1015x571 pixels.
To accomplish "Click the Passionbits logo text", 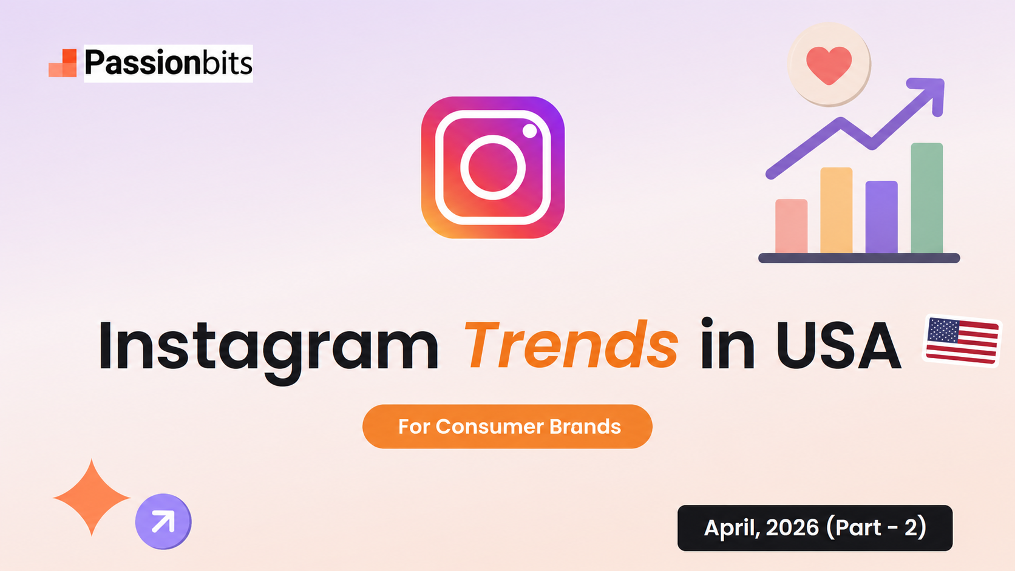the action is coord(168,63).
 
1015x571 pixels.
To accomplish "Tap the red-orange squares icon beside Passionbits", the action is coord(63,63).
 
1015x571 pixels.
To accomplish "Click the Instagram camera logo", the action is coord(492,167).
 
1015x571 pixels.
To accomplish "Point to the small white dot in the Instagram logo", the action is coord(530,131).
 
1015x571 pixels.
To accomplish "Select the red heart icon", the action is coord(829,65).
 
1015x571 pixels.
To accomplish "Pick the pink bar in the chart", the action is coord(791,226).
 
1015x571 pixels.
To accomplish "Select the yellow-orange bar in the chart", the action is coord(836,210).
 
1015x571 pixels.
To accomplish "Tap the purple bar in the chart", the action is coord(881,217).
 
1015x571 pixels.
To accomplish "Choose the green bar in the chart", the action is coord(926,198).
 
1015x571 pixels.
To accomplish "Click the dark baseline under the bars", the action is coord(859,258).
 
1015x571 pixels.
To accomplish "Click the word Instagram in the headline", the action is coord(269,349).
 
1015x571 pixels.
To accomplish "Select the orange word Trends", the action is coord(571,344).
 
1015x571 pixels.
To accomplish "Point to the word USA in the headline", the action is coord(838,345).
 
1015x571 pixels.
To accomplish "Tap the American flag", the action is coord(962,340).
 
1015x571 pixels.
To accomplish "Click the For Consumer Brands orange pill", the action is coord(508,427).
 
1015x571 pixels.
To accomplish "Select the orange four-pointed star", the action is coord(92,497).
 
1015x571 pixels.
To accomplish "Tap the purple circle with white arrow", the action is coord(163,522).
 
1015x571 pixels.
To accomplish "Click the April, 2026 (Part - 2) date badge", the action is coord(815,528).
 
